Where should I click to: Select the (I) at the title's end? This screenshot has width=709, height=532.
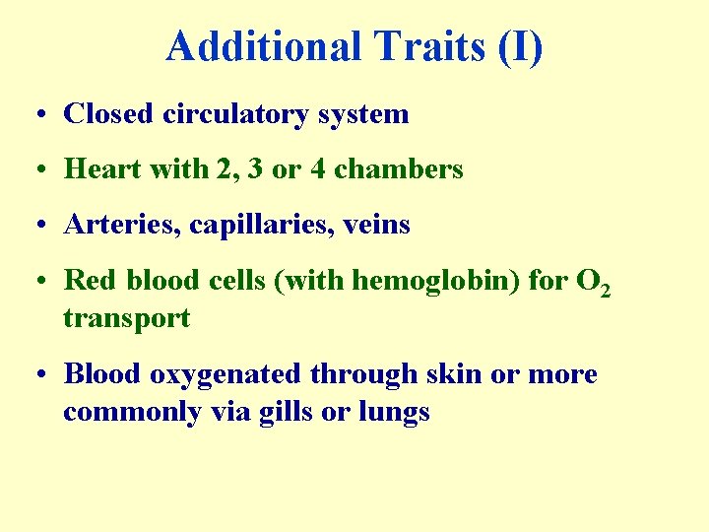click(x=520, y=46)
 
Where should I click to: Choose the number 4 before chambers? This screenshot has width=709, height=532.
click(x=317, y=169)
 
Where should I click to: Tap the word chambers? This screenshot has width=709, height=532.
click(x=399, y=169)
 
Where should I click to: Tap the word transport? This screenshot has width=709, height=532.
click(x=126, y=318)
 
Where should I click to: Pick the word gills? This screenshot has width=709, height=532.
click(x=287, y=412)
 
